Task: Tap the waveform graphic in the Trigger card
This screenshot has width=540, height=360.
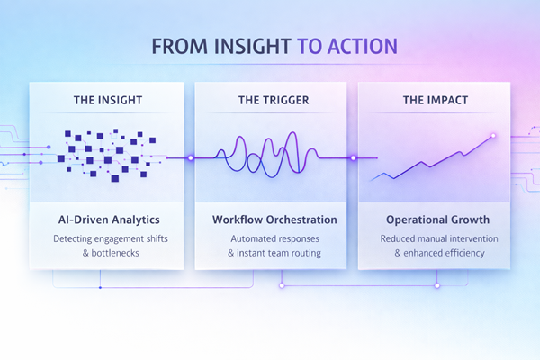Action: pos(270,155)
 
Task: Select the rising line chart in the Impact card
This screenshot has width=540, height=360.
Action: pos(432,160)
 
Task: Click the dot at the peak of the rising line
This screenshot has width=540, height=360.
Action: pos(492,136)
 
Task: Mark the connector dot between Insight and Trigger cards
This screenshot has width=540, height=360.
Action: pos(190,157)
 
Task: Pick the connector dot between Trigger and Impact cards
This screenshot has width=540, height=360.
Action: pos(353,157)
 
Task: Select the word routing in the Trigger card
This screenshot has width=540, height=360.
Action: pos(303,253)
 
